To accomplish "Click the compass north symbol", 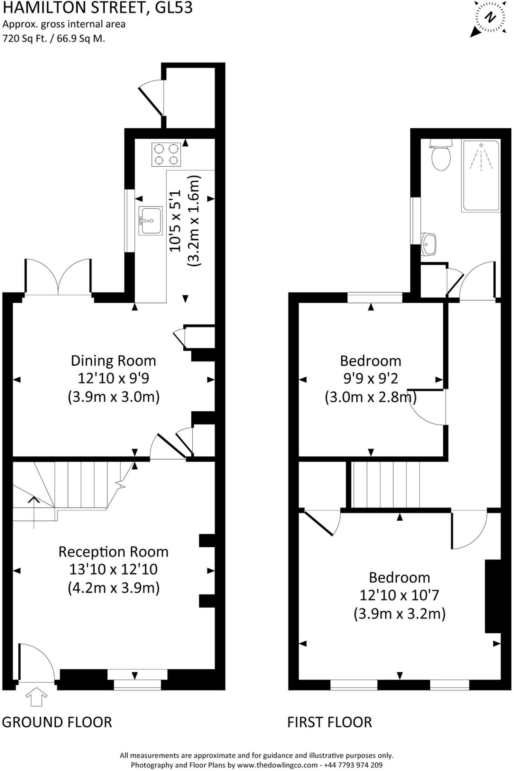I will click(490, 18).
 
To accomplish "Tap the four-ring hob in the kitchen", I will click(166, 154).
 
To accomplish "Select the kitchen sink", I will click(151, 221).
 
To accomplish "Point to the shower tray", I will click(481, 175).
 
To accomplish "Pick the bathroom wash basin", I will click(428, 244).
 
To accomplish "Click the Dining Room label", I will click(113, 361).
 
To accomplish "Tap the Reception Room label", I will click(113, 552).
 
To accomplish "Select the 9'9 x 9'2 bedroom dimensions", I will click(371, 378).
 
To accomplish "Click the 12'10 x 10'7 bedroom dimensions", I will click(399, 595).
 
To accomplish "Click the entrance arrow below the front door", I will click(36, 697).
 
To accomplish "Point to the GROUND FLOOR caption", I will click(57, 722).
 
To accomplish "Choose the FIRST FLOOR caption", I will click(330, 722).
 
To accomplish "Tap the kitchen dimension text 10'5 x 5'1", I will click(175, 221).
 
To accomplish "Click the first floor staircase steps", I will click(387, 485).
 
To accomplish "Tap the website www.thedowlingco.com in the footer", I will click(277, 765).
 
